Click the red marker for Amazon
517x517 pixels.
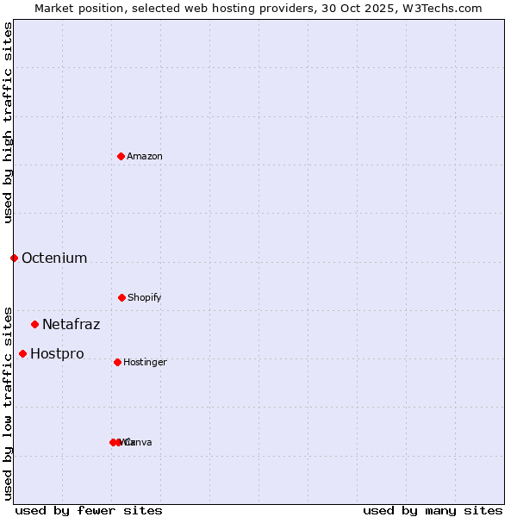click(121, 156)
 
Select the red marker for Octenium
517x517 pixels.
click(14, 258)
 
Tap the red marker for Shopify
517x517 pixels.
click(121, 297)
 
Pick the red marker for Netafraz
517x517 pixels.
click(34, 324)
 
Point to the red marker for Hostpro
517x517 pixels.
click(22, 353)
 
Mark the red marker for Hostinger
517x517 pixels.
click(117, 362)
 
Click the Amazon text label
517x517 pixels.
click(145, 156)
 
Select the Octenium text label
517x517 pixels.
click(54, 258)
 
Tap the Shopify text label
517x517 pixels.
click(145, 297)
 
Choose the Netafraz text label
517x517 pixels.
click(72, 324)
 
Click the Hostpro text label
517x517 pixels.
click(57, 353)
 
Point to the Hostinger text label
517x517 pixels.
click(145, 362)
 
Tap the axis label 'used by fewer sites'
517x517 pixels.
click(89, 510)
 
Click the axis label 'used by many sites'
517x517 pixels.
click(433, 510)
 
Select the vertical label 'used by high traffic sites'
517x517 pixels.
click(8, 122)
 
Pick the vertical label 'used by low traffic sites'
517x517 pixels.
click(8, 402)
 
